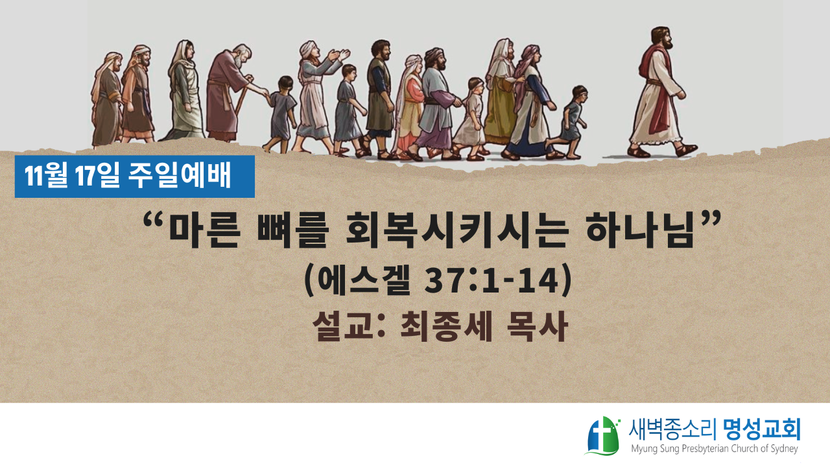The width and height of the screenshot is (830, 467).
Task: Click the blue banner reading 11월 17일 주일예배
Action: [134, 176]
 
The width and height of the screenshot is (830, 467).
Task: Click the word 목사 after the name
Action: [538, 326]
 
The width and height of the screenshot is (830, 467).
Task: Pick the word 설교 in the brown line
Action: [342, 326]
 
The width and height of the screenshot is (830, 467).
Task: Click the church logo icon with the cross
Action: [603, 435]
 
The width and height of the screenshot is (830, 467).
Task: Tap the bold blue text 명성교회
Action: [762, 429]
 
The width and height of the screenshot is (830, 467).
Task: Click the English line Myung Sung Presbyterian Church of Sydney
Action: [715, 449]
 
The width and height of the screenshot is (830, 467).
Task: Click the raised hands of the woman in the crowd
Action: [338, 56]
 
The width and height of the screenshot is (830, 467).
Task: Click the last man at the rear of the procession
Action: [107, 99]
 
